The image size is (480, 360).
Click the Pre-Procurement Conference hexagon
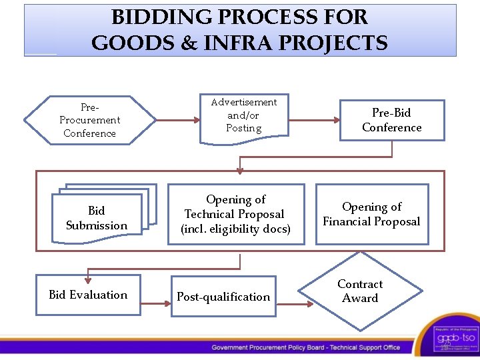[x=89, y=120]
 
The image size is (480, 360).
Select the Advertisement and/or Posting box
[x=244, y=116]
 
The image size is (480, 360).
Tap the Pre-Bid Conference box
[x=392, y=120]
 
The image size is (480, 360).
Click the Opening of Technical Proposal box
[x=235, y=214]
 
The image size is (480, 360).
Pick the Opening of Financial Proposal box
[x=371, y=214]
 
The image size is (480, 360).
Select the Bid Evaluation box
[x=88, y=295]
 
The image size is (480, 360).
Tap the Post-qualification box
[x=223, y=297]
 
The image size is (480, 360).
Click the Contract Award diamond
[x=360, y=291]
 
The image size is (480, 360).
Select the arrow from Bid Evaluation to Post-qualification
[x=156, y=304]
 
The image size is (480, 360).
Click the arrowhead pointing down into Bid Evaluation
[x=87, y=271]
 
